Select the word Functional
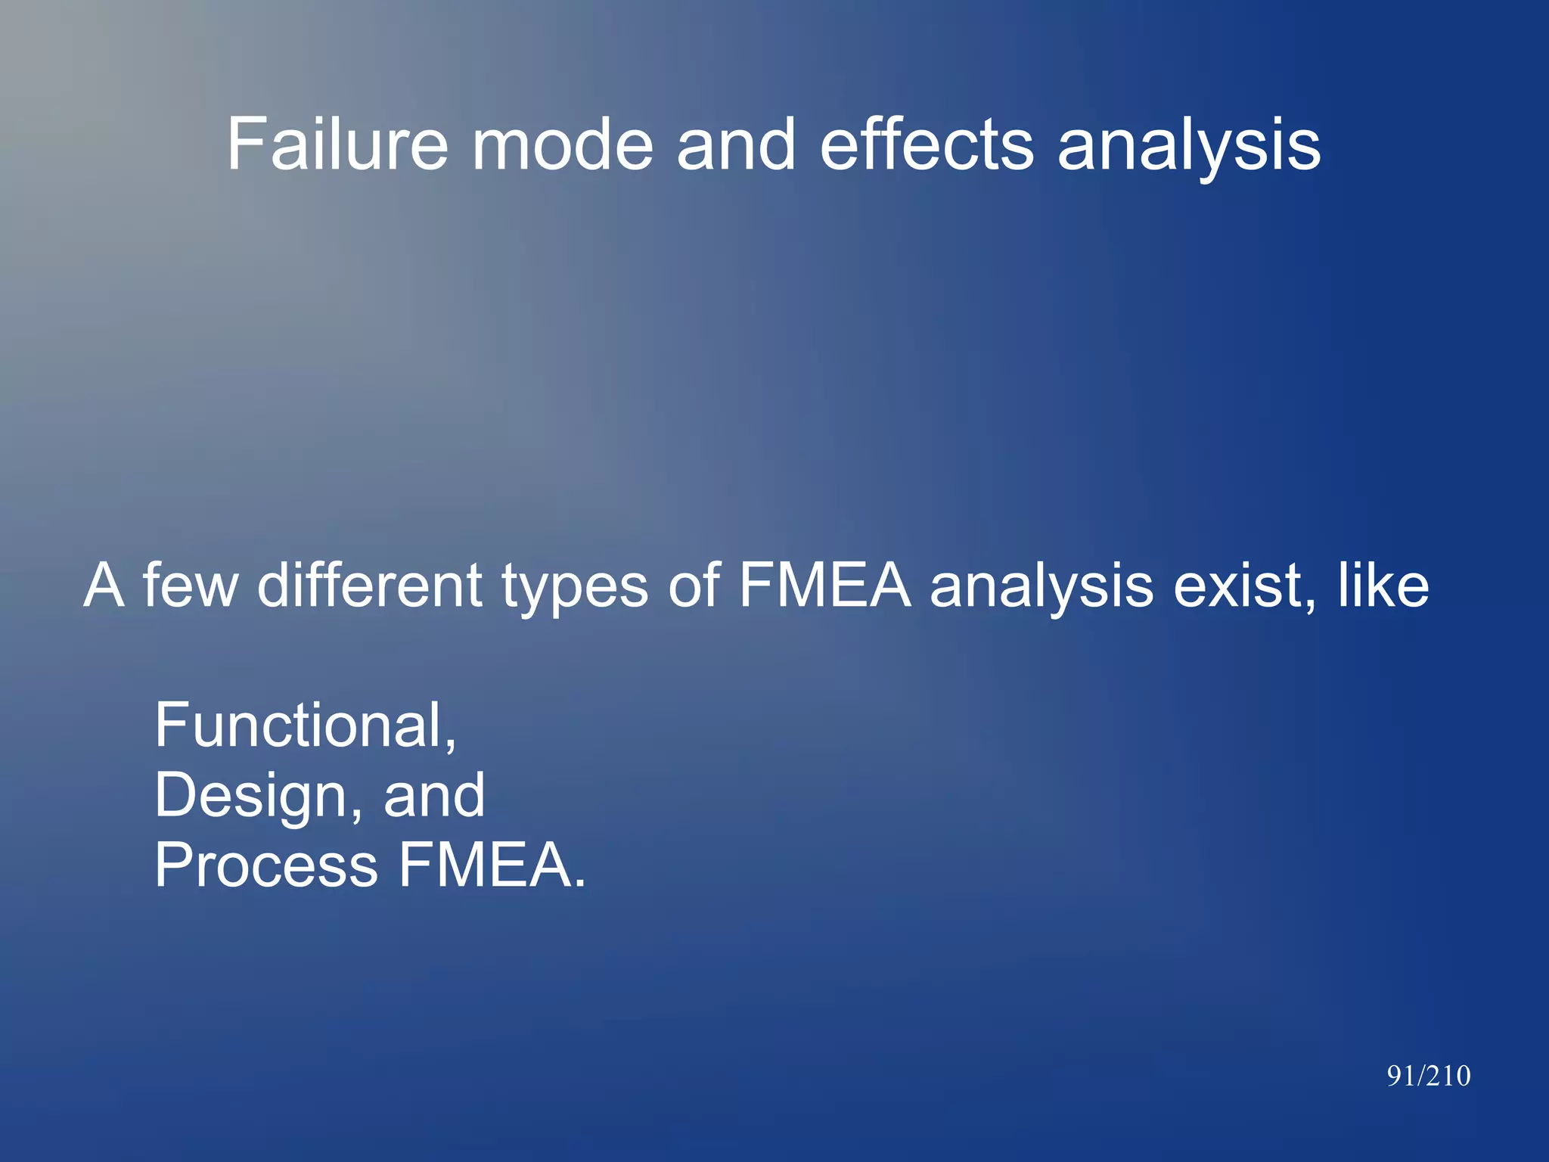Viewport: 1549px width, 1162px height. [x=305, y=725]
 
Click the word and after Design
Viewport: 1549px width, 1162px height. [x=434, y=795]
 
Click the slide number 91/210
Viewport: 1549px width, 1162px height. [x=1428, y=1076]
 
